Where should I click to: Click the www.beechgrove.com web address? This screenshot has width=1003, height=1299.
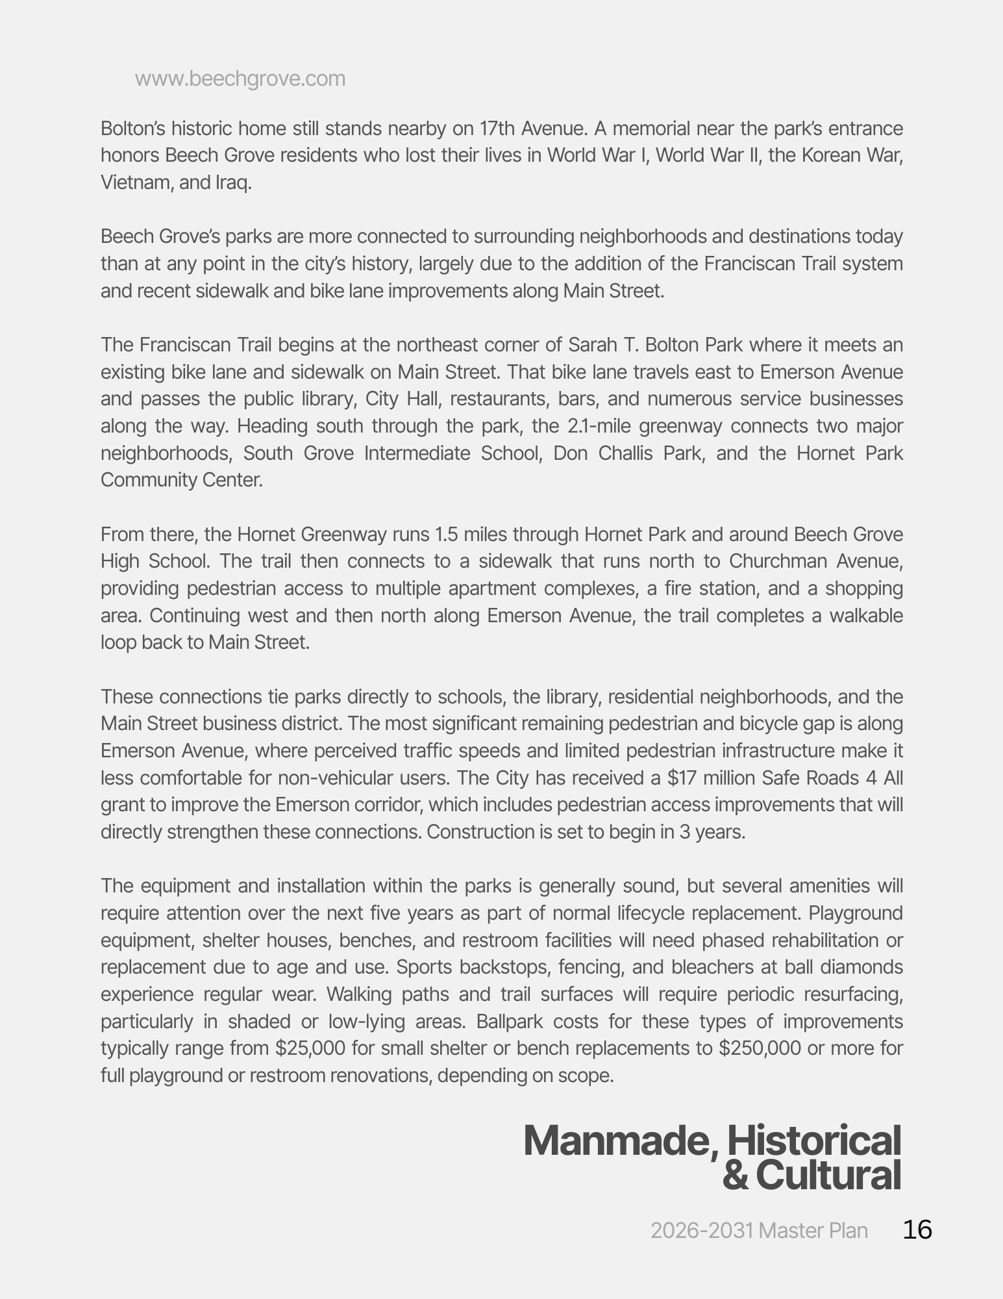coord(240,79)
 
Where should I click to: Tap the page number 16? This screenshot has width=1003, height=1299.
coord(917,1230)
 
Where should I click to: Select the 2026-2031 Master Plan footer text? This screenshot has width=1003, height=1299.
coord(759,1230)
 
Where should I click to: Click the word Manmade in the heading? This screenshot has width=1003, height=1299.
coord(619,1141)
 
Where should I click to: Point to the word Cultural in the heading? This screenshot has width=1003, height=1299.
coord(828,1174)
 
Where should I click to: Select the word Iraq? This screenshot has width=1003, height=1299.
coord(233,183)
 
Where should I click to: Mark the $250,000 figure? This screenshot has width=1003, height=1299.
coord(760,1048)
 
